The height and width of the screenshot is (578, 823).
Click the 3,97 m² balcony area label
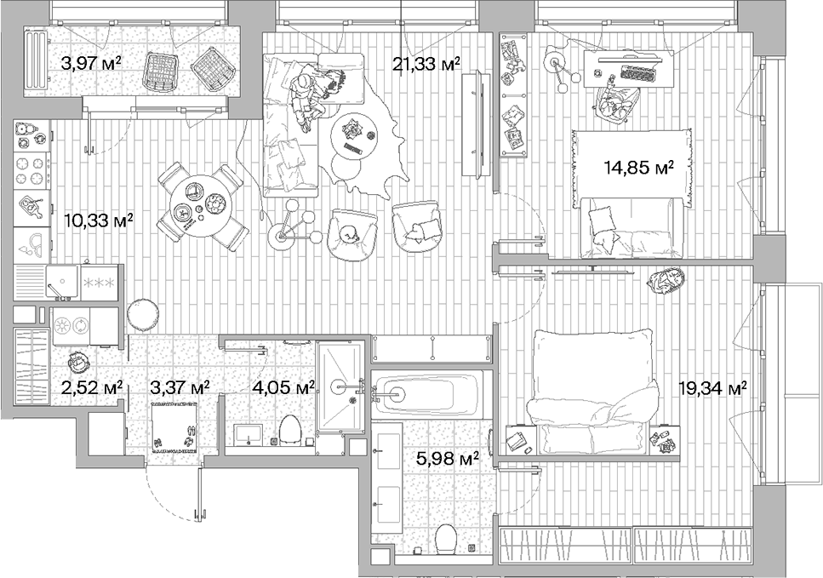(x=91, y=62)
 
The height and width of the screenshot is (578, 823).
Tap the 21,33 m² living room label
(x=426, y=62)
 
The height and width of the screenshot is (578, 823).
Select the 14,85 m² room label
(x=639, y=168)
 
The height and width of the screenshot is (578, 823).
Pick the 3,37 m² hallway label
(x=180, y=387)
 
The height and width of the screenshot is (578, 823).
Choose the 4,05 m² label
(x=283, y=387)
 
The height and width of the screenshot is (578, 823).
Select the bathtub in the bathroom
(x=426, y=393)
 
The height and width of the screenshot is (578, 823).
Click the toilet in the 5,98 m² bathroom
(x=446, y=539)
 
